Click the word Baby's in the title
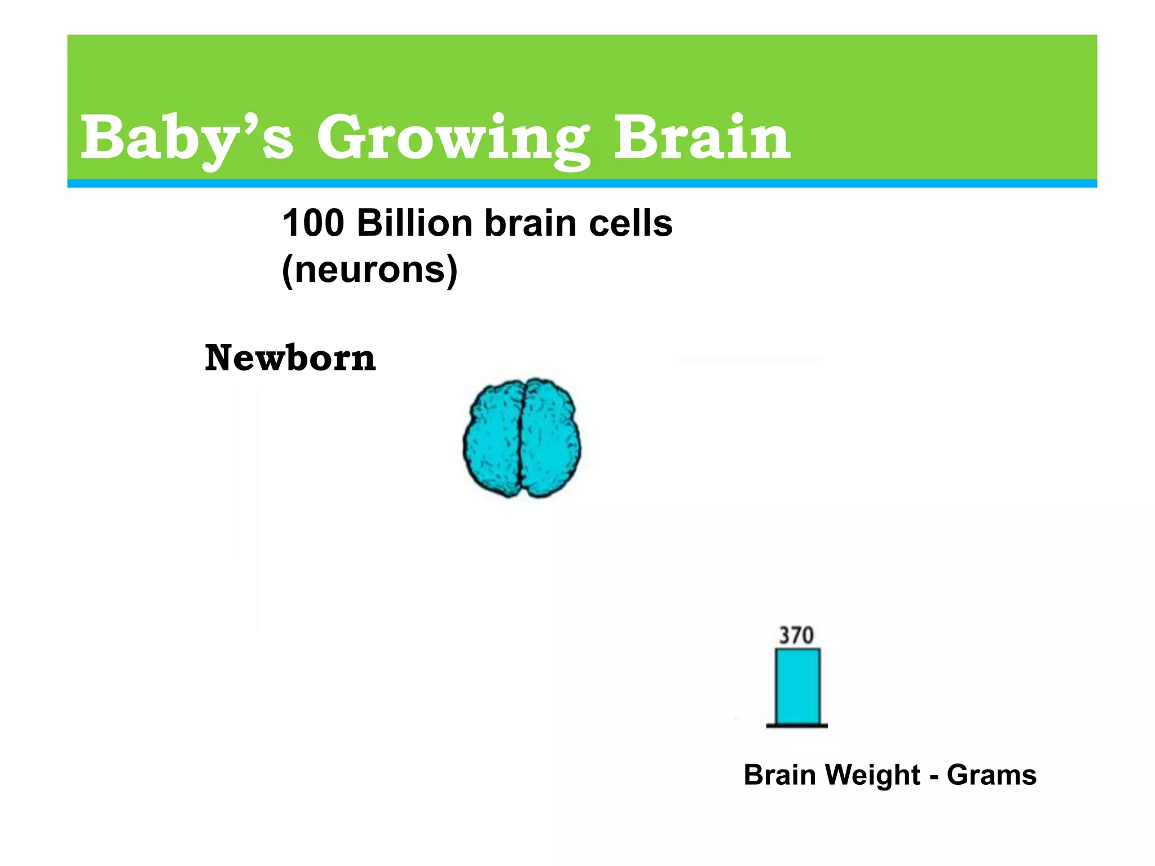point(186,138)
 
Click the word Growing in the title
point(453,138)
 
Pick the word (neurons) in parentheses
point(369,270)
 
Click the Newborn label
point(290,358)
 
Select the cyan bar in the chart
point(797,686)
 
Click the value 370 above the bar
point(796,636)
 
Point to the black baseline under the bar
point(796,726)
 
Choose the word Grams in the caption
point(991,775)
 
